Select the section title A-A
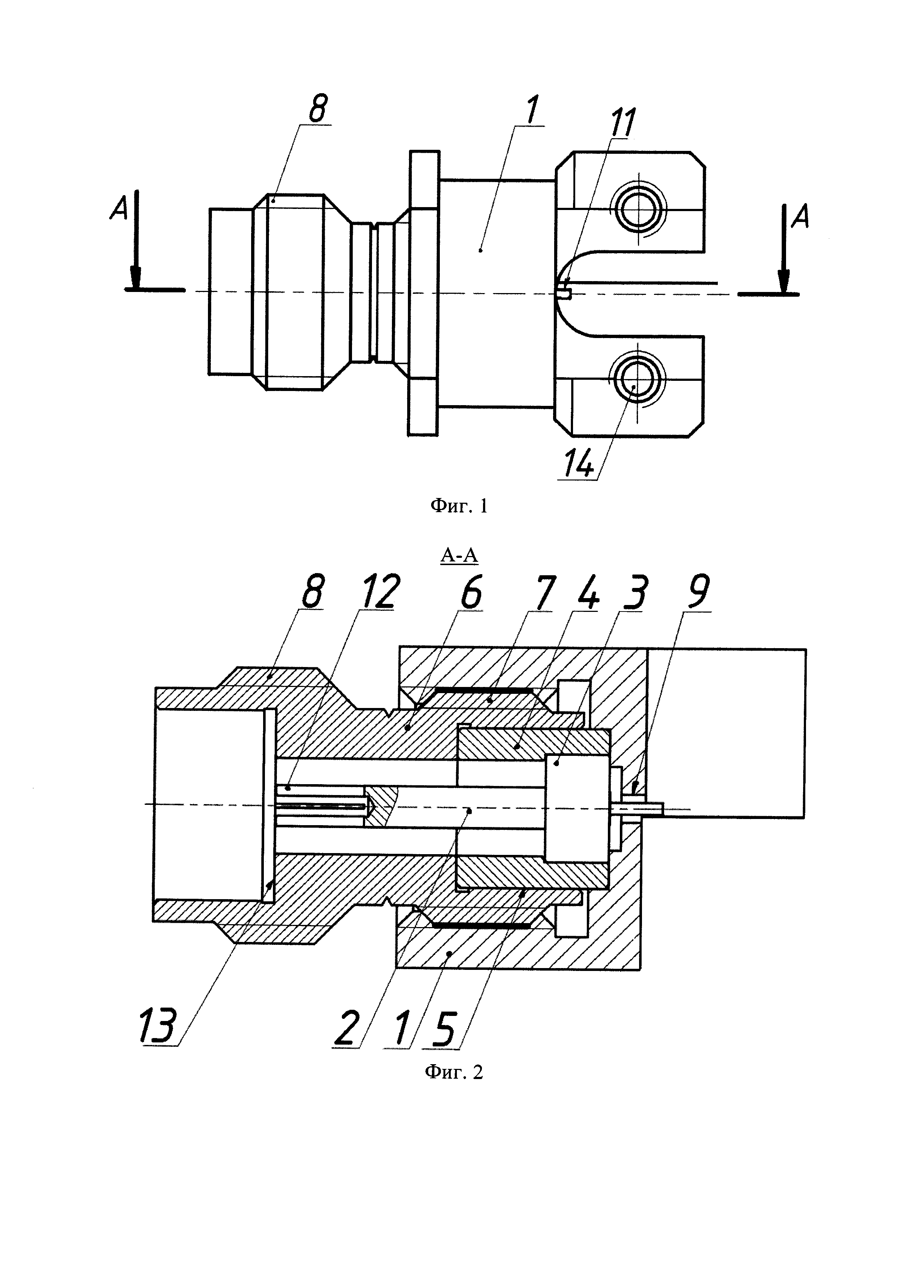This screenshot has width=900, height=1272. point(459,555)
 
